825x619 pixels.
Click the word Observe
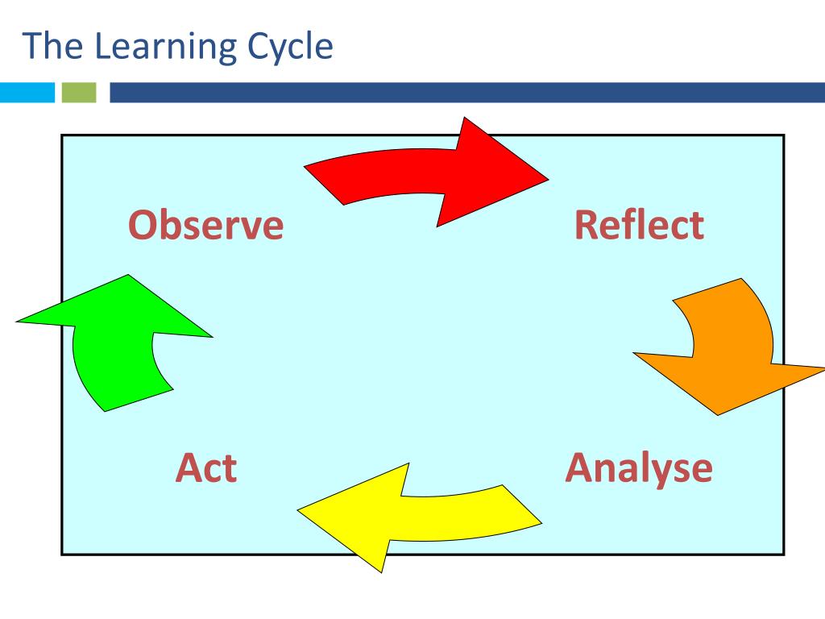tap(207, 225)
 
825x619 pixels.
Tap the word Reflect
tap(639, 225)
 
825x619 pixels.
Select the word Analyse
tap(639, 467)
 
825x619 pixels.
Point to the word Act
tap(206, 467)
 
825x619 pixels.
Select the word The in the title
tap(52, 46)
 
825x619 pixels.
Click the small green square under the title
tap(78, 93)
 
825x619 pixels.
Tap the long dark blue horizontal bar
tap(467, 93)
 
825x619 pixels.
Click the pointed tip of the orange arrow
tap(717, 414)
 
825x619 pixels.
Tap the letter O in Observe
tap(143, 225)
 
